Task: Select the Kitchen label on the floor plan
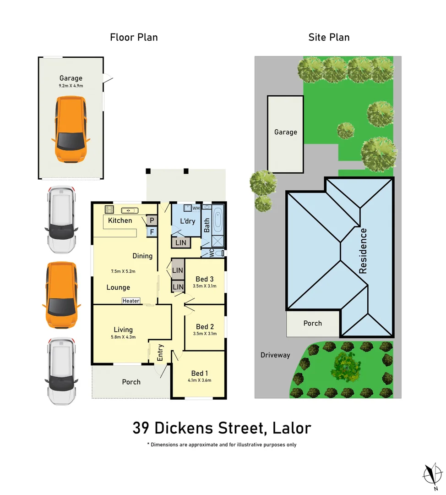click(120, 220)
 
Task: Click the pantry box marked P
click(151, 220)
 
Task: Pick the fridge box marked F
click(151, 232)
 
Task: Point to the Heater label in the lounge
click(131, 301)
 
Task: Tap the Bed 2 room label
click(205, 326)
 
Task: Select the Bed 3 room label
click(205, 279)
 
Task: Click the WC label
click(212, 253)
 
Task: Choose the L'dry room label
click(187, 221)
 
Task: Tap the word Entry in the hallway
click(160, 352)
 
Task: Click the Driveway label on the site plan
click(275, 355)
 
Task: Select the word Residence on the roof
click(363, 251)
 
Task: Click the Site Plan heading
click(329, 37)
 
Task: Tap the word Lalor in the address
click(291, 428)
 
